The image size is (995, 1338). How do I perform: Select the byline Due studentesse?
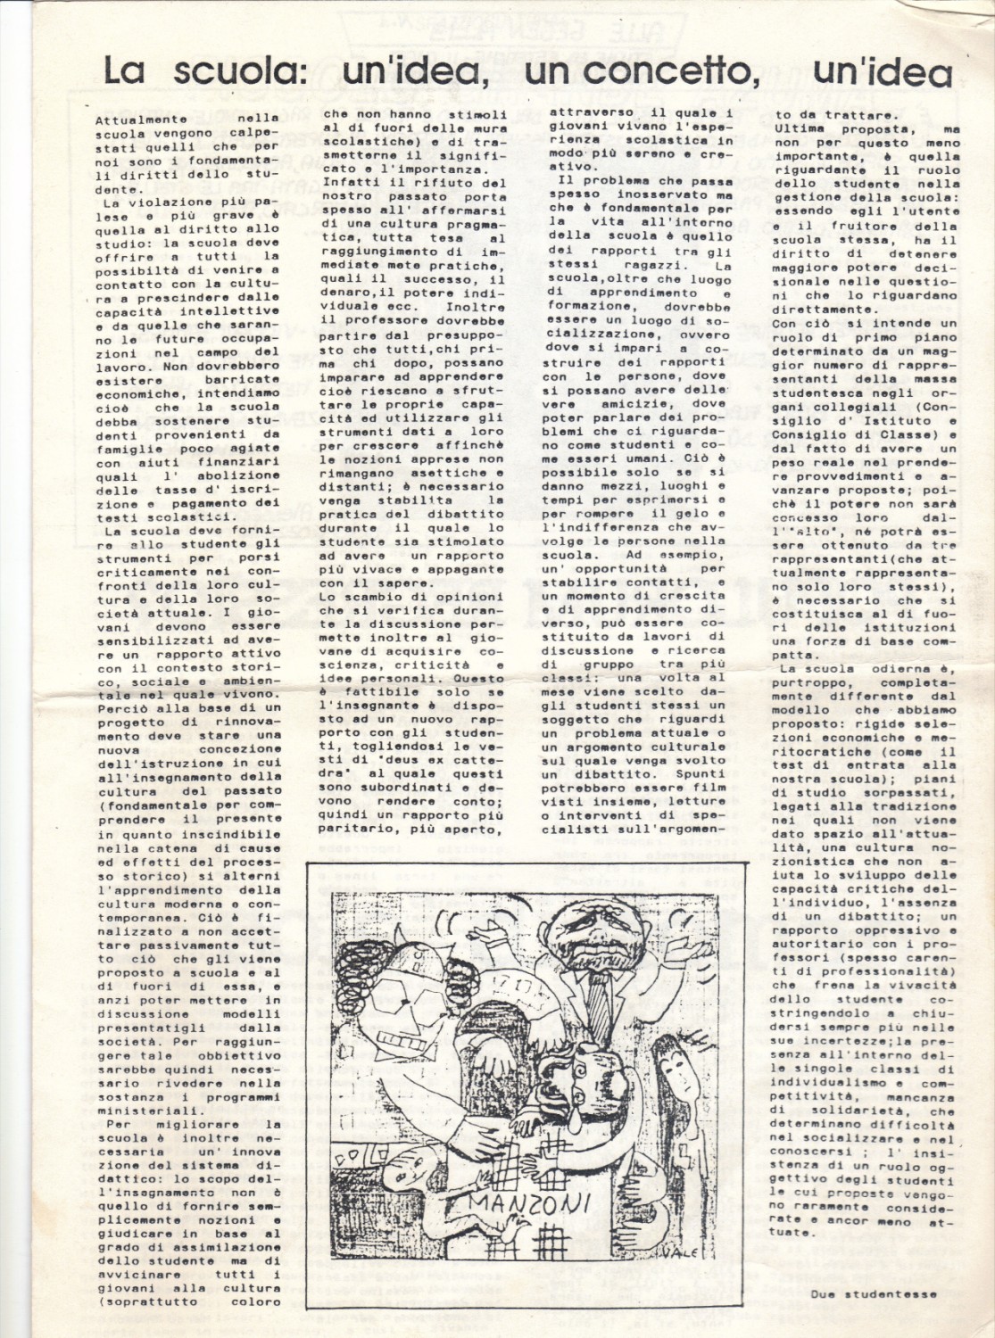point(875,1294)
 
